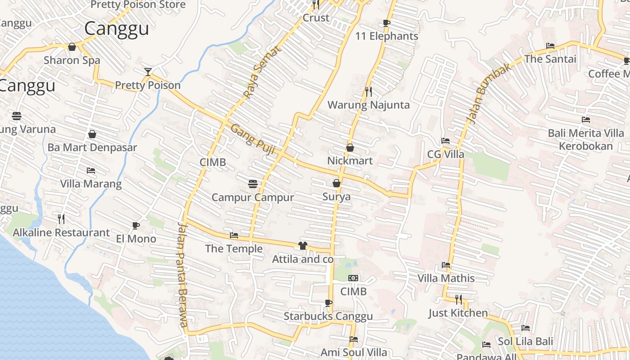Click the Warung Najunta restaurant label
point(369,105)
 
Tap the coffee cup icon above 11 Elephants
point(386,23)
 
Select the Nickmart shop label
point(350,161)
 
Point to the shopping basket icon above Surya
point(336,183)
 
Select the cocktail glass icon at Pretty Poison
point(148,72)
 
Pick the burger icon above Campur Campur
point(253,184)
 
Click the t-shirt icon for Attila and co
point(302,246)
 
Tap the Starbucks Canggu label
point(328,316)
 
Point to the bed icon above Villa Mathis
point(446,265)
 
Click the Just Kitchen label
point(458,313)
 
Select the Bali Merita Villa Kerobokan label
point(585,139)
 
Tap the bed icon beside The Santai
point(550,46)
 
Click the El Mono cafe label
point(136,238)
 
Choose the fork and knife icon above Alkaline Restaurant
point(61,219)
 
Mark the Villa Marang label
point(91,184)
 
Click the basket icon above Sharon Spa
point(72,47)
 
